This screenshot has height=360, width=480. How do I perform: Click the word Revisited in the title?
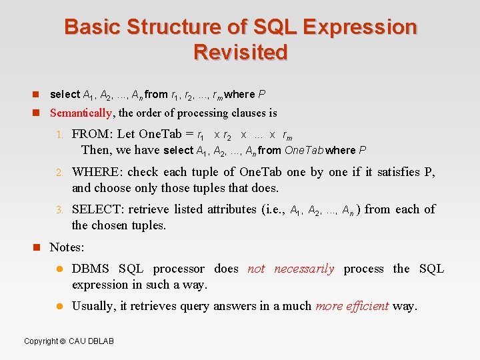241,52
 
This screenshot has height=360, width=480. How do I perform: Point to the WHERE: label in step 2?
97,171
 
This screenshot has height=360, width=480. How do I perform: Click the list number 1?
59,135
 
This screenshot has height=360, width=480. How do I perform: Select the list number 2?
59,172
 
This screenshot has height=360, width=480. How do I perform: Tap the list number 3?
59,209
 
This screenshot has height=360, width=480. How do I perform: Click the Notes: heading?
67,247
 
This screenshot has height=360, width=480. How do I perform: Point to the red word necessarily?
304,269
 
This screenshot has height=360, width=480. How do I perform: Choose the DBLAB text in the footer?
100,341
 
